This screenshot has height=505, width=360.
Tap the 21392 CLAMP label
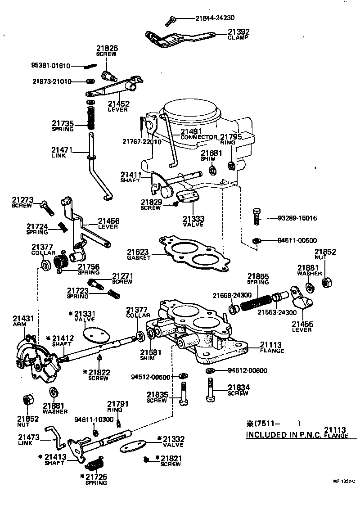[x=238, y=35]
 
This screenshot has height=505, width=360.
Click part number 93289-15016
[x=297, y=218]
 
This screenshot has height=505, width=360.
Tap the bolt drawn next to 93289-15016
[x=256, y=217]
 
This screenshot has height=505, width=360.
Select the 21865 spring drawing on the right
[x=255, y=300]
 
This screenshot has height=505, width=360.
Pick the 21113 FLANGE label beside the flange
[x=272, y=348]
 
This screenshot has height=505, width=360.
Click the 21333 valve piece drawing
[x=187, y=197]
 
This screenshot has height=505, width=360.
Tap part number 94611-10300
[x=93, y=419]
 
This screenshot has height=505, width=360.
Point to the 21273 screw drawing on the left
[x=46, y=207]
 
